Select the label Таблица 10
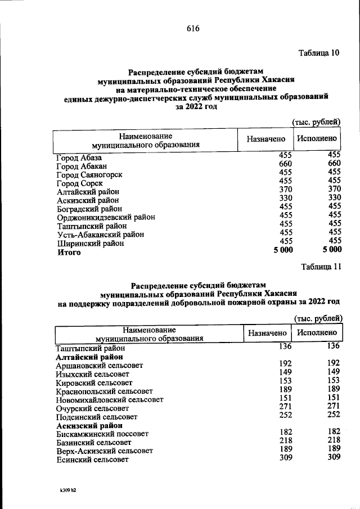pyautogui.click(x=318, y=54)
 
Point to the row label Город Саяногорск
pyautogui.click(x=89, y=175)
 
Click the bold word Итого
pyautogui.click(x=69, y=253)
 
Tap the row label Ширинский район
pyautogui.click(x=90, y=244)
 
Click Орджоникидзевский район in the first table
pyautogui.click(x=106, y=217)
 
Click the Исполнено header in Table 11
pyautogui.click(x=317, y=334)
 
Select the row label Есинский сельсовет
pyautogui.click(x=92, y=460)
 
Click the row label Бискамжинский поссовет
pyautogui.click(x=102, y=434)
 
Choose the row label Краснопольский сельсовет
pyautogui.click(x=105, y=390)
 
